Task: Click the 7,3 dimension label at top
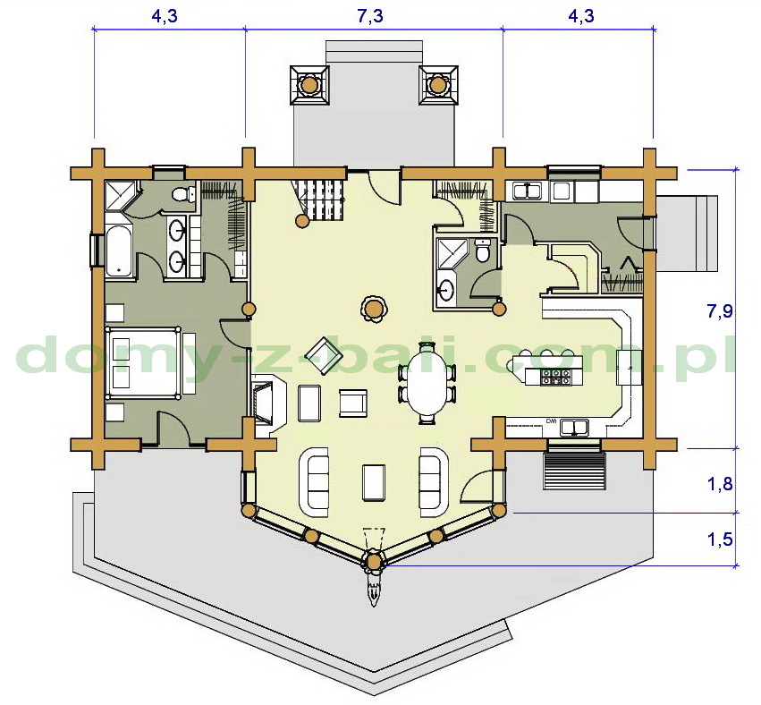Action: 370,16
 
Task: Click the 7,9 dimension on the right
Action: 720,310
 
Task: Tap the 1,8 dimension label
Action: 720,484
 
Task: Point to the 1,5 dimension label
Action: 720,539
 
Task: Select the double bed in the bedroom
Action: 143,363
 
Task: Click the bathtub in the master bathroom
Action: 118,250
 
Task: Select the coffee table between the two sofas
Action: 374,481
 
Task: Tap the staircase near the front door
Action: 318,198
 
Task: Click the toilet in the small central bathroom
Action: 482,251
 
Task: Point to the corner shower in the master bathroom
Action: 119,196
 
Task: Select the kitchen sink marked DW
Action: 574,428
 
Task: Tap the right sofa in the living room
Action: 434,481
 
